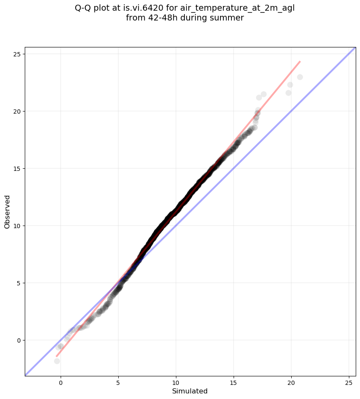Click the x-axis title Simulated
tap(190, 391)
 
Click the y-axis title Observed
tap(7, 211)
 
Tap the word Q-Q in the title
tap(83, 9)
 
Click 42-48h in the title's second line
tap(158, 18)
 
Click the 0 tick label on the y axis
tap(19, 340)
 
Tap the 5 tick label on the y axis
tap(19, 283)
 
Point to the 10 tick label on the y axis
tap(17, 226)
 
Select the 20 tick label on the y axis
tap(17, 111)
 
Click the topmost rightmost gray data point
tap(300, 77)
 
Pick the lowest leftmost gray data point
tap(57, 361)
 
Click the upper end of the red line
tap(300, 62)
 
